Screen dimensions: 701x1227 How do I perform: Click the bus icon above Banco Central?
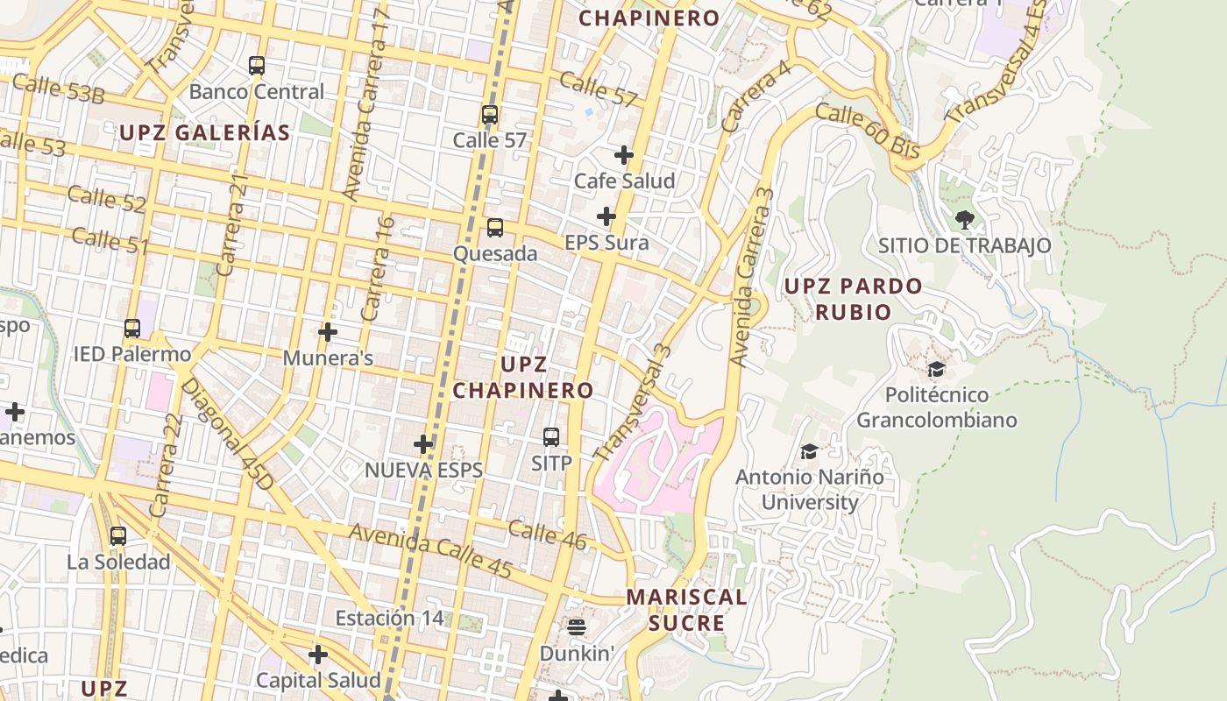[x=256, y=66]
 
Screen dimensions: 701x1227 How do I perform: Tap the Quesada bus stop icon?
[x=495, y=228]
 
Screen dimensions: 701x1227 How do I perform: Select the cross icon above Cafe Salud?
[x=624, y=155]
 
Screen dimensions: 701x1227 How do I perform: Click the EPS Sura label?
[x=606, y=243]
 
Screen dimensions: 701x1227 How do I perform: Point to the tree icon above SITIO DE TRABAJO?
[x=964, y=219]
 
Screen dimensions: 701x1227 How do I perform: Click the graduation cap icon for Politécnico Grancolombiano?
[x=936, y=369]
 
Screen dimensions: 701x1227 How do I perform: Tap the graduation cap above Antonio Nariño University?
[x=809, y=451]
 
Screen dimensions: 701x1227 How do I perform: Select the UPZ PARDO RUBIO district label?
[x=852, y=299]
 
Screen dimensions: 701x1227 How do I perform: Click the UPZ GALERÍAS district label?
[x=204, y=132]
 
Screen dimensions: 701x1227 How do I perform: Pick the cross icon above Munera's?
[x=328, y=332]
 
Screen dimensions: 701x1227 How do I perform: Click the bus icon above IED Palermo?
[x=132, y=329]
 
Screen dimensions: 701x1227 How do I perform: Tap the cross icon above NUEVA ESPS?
[x=423, y=444]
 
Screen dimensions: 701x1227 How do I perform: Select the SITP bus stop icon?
[x=551, y=436]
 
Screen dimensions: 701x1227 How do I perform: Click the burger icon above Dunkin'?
[x=576, y=627]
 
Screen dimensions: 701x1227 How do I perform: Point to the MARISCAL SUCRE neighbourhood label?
[x=686, y=610]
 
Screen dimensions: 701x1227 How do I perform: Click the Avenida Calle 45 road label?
[x=430, y=551]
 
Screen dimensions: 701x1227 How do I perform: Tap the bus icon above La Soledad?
[x=118, y=535]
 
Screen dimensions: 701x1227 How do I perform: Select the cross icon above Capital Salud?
[x=318, y=655]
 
